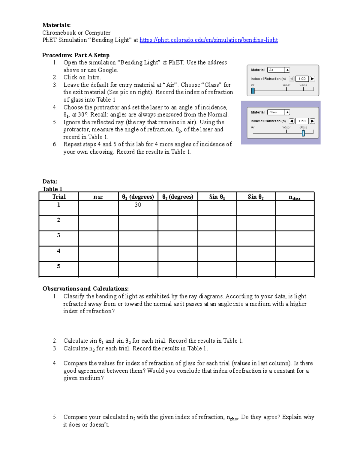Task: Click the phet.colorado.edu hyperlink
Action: tap(208, 40)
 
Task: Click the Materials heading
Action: tap(56, 25)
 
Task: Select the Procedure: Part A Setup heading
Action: tap(76, 55)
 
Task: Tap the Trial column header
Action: tap(59, 197)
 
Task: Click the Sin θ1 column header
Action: tap(217, 197)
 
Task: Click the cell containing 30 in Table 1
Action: tap(138, 205)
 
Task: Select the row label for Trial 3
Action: tap(58, 236)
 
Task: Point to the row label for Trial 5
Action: tap(58, 266)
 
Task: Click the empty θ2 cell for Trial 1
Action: tap(178, 208)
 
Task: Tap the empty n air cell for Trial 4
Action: tap(98, 254)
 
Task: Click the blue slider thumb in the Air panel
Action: tap(253, 91)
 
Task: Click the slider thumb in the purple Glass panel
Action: tap(303, 133)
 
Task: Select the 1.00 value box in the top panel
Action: tap(302, 79)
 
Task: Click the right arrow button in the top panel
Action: tap(312, 79)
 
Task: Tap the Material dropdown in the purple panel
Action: tap(278, 112)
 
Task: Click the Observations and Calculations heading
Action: tap(85, 289)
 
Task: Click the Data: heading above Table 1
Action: tap(50, 182)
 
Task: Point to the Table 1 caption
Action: tap(52, 189)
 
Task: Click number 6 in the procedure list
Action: tap(55, 144)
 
